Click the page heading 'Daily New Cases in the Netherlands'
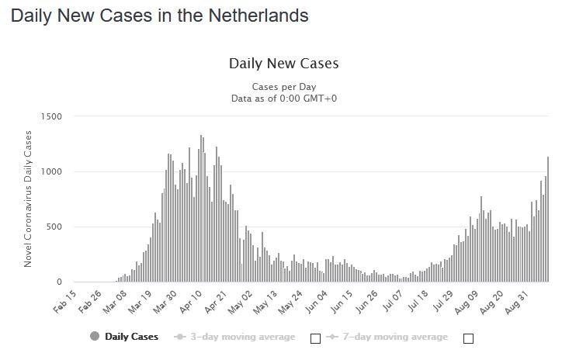pyautogui.click(x=159, y=16)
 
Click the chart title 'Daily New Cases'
pyautogui.click(x=283, y=63)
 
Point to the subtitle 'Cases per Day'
pyautogui.click(x=283, y=86)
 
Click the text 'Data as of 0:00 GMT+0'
pyautogui.click(x=283, y=99)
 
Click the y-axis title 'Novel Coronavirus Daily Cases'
pyautogui.click(x=28, y=199)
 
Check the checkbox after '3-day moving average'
pyautogui.click(x=315, y=338)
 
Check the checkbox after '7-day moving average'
pyautogui.click(x=467, y=338)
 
